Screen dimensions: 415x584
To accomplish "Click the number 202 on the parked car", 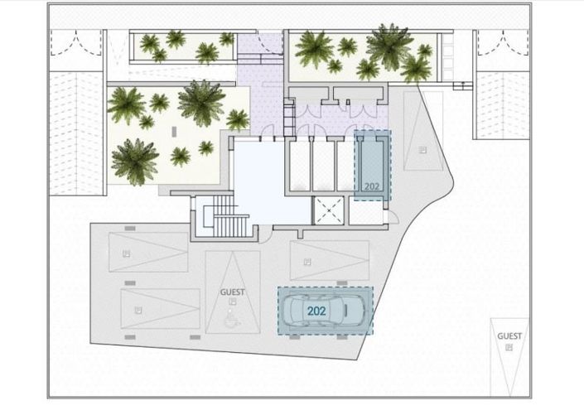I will click(x=316, y=311).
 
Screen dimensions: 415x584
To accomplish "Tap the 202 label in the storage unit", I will click(x=372, y=186).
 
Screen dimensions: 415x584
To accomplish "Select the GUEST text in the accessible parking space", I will click(x=231, y=292).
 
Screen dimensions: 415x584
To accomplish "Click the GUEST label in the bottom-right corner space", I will click(x=509, y=335).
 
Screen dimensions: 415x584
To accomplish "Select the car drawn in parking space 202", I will click(x=324, y=311).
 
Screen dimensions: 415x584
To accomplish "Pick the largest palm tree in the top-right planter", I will click(x=389, y=45).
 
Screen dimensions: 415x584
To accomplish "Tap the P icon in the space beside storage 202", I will click(x=422, y=149).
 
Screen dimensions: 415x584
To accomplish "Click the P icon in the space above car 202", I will click(x=306, y=262).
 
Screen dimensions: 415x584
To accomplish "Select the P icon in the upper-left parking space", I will click(x=125, y=253).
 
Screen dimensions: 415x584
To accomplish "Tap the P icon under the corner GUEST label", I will click(x=509, y=348).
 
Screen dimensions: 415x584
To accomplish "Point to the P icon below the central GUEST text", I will click(x=231, y=304).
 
